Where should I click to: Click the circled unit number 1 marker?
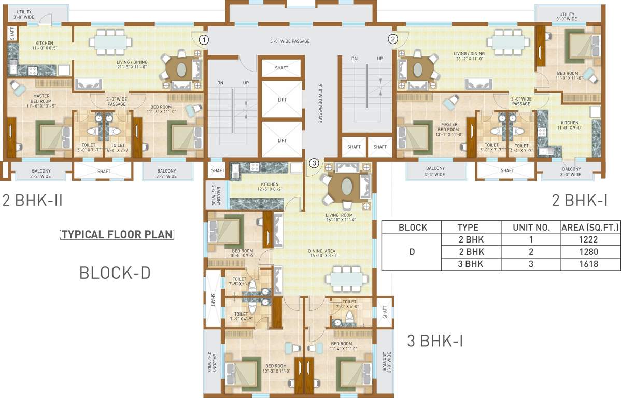point(204,39)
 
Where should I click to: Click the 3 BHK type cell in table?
point(471,264)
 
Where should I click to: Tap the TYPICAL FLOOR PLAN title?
point(117,234)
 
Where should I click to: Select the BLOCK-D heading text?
point(115,273)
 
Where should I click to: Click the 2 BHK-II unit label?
point(32,200)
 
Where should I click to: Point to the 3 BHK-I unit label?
point(434,341)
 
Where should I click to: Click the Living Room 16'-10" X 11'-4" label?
point(339,218)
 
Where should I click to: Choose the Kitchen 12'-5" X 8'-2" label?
point(270,187)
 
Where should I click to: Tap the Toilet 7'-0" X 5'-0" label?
point(349,304)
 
